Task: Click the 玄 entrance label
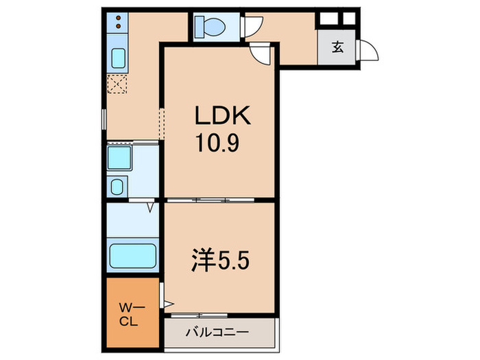[x=337, y=47]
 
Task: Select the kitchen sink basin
[x=118, y=58]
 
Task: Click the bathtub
[x=133, y=256]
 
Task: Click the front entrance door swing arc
[x=368, y=51]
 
